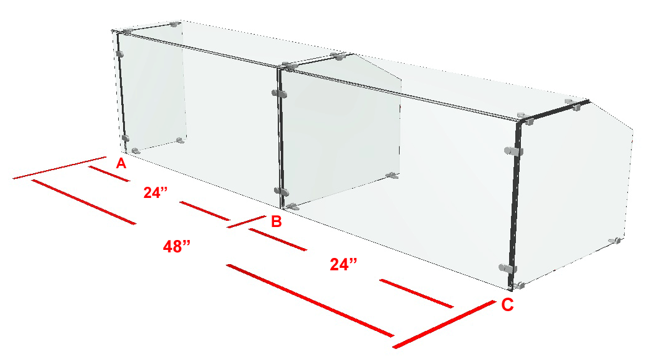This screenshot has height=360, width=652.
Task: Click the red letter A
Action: [121, 163]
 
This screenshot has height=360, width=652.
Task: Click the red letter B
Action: [277, 221]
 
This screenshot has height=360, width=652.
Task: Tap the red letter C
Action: [507, 305]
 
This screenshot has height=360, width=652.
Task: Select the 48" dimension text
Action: [177, 247]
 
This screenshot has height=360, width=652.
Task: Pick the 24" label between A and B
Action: [156, 192]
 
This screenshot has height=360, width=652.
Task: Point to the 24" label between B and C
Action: [343, 264]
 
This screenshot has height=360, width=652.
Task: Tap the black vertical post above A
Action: [122, 92]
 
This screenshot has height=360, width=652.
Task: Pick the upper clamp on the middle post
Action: [280, 93]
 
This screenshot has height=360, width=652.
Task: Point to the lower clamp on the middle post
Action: [281, 192]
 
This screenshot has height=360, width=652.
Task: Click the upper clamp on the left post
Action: [120, 54]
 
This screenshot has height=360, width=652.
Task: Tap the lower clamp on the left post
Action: [125, 139]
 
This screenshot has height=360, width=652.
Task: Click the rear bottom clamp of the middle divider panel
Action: [392, 176]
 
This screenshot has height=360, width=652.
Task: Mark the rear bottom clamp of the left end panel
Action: [180, 140]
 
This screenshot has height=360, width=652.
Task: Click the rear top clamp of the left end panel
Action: [176, 24]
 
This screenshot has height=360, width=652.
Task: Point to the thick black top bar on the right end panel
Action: [555, 111]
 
